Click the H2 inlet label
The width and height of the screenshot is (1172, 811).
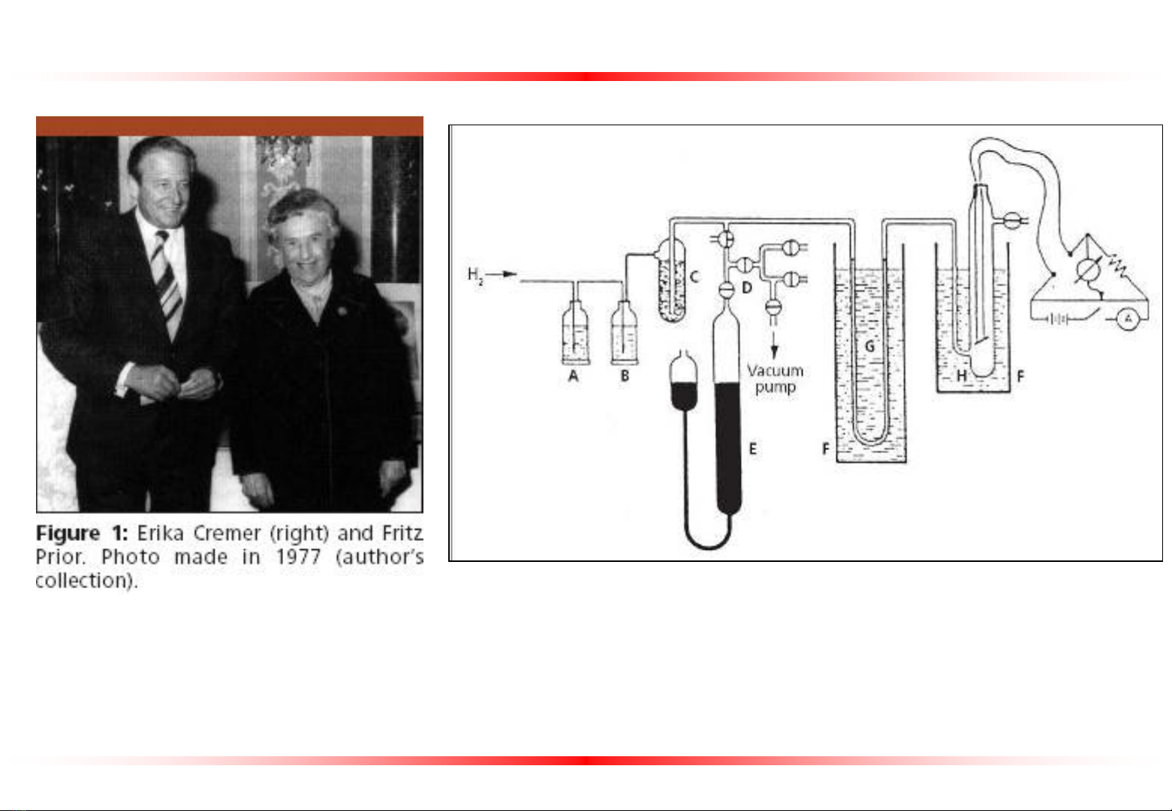(475, 275)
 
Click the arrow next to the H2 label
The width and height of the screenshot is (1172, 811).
(502, 274)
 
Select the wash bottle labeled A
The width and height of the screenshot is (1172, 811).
(576, 332)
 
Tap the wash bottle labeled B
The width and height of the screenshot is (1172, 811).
(625, 332)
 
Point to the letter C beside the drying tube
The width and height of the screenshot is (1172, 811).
(694, 276)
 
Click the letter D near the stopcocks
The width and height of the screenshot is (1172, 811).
(746, 287)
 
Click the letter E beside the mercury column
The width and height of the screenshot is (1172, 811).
(753, 449)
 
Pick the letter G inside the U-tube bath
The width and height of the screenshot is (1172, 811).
(869, 346)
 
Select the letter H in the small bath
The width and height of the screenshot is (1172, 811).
(962, 375)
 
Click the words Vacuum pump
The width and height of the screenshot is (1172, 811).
(776, 379)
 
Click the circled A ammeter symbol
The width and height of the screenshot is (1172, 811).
(1128, 319)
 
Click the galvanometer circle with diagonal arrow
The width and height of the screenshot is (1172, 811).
(1089, 270)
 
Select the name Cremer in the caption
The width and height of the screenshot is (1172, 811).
(227, 533)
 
